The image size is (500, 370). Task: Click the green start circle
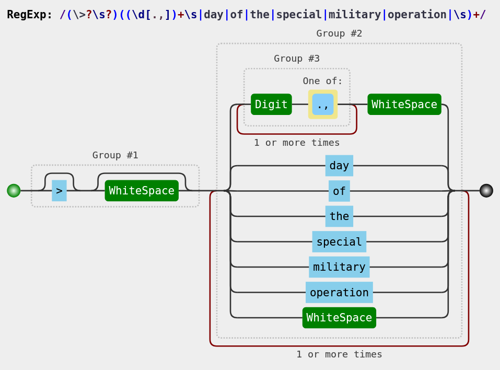click(x=14, y=191)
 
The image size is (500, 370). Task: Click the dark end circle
click(x=486, y=191)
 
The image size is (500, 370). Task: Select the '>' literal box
click(x=59, y=191)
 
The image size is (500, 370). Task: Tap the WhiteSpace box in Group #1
click(x=142, y=191)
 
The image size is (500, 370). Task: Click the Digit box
click(x=271, y=105)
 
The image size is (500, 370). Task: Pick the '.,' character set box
click(x=322, y=105)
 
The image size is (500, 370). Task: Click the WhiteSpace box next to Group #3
click(x=404, y=105)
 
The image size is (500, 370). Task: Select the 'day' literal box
click(x=339, y=166)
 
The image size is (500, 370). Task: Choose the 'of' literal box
click(x=339, y=191)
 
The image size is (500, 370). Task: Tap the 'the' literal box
click(x=339, y=216)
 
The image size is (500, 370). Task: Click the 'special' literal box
click(x=339, y=242)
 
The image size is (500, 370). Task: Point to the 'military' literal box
click(x=339, y=267)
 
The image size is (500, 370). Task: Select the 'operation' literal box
click(x=339, y=293)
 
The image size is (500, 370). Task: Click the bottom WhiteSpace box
click(x=339, y=318)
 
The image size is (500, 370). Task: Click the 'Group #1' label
click(x=115, y=155)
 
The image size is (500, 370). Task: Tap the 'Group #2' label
click(x=339, y=33)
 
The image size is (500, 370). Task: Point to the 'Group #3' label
click(x=297, y=59)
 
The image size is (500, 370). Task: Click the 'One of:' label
click(x=322, y=81)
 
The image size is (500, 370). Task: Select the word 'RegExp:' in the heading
click(x=30, y=15)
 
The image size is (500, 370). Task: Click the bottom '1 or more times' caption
click(x=339, y=354)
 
